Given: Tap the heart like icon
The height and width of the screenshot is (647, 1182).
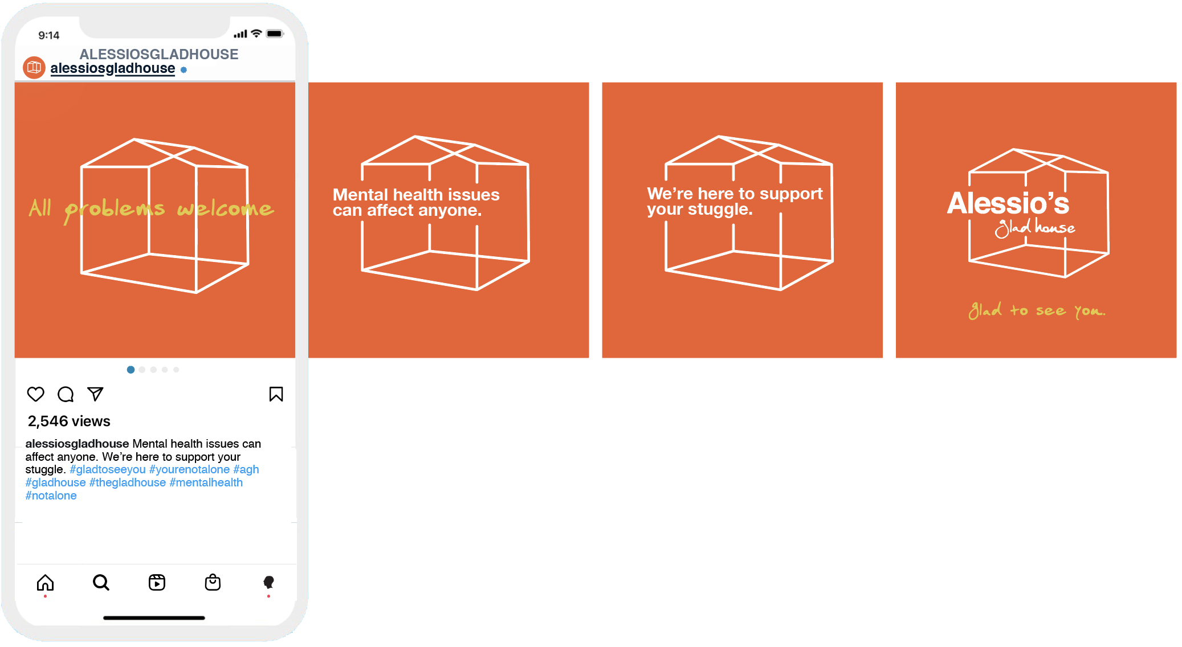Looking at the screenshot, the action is [x=35, y=394].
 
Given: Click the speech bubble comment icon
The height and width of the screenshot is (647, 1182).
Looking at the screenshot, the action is [x=66, y=394].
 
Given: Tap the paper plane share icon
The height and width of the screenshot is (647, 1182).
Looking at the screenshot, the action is [x=95, y=394].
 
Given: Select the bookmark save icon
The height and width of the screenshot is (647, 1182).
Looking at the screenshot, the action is [x=276, y=394].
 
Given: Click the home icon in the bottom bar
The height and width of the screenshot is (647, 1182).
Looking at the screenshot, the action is [x=45, y=583].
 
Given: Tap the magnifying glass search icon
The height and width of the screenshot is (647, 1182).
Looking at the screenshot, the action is [x=101, y=583].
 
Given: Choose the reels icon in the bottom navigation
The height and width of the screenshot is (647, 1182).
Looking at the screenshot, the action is [x=157, y=583].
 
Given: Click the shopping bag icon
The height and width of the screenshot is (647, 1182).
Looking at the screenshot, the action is [x=213, y=582].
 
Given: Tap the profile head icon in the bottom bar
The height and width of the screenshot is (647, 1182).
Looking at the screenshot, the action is [x=268, y=582].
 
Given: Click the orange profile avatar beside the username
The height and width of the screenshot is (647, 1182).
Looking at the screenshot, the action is [x=34, y=68].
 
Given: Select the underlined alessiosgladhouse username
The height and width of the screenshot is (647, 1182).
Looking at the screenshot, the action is [x=112, y=69].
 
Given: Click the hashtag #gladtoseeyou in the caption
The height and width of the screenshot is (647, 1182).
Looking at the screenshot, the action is [x=108, y=469].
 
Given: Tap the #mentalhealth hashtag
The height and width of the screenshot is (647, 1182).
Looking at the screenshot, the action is [x=206, y=482].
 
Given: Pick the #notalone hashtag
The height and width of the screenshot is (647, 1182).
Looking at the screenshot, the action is [x=51, y=496].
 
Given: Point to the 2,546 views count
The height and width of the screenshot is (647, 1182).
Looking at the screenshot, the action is [x=69, y=421].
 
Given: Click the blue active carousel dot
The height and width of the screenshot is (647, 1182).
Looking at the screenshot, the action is [x=131, y=370].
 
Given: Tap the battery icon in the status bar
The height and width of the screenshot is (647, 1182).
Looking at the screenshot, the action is [x=275, y=34].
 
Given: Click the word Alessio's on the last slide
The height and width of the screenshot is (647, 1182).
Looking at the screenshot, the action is [x=1008, y=203].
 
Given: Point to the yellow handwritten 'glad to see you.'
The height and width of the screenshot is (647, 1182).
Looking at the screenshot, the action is [x=1037, y=310].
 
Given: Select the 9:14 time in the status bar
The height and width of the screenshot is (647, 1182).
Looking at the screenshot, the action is [x=49, y=35].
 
